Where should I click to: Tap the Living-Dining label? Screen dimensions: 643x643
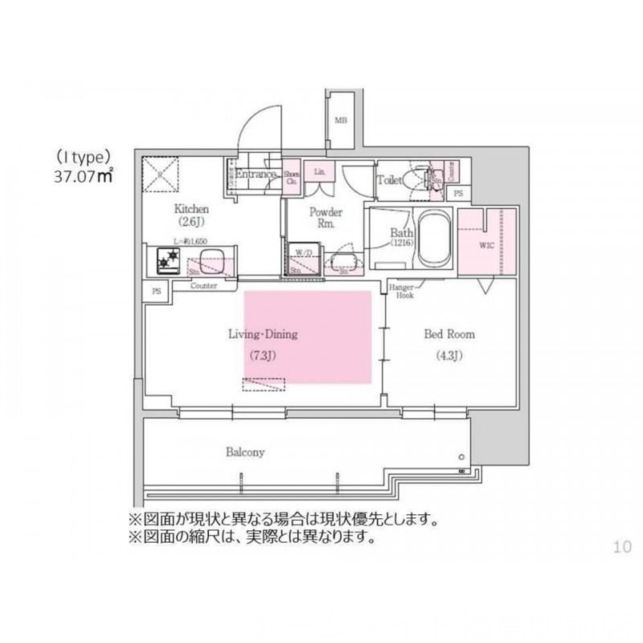pyautogui.click(x=262, y=335)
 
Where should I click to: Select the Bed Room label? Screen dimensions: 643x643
pyautogui.click(x=449, y=334)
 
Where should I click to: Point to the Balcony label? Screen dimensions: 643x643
pyautogui.click(x=244, y=453)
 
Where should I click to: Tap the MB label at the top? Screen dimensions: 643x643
pyautogui.click(x=342, y=121)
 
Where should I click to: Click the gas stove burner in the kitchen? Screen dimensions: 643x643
pyautogui.click(x=169, y=260)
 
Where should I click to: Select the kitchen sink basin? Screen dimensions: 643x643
pyautogui.click(x=212, y=260)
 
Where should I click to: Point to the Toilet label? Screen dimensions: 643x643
pyautogui.click(x=391, y=180)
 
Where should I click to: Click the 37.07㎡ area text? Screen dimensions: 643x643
pyautogui.click(x=84, y=176)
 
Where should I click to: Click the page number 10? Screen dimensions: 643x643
pyautogui.click(x=622, y=547)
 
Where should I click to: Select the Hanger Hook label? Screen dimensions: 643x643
pyautogui.click(x=401, y=292)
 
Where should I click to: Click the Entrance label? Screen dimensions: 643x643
pyautogui.click(x=256, y=174)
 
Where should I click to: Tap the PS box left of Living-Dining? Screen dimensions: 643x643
pyautogui.click(x=156, y=292)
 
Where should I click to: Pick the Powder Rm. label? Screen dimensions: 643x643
pyautogui.click(x=326, y=217)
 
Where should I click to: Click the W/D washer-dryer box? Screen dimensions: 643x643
pyautogui.click(x=303, y=259)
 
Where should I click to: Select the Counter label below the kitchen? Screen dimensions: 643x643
pyautogui.click(x=205, y=285)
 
